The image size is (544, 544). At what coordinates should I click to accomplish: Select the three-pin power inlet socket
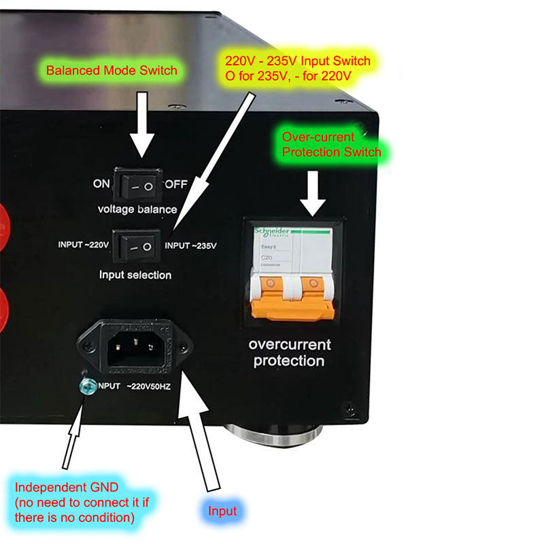136,345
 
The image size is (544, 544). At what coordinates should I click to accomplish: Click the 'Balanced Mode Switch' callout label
112,70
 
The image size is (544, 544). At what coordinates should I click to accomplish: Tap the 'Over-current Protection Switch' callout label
331,144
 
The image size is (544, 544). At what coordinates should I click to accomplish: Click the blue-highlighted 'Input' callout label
223,510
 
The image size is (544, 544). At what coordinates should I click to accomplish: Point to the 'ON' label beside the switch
101,184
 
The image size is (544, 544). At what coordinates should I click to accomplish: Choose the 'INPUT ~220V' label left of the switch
84,245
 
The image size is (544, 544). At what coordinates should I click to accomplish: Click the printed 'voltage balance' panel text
137,209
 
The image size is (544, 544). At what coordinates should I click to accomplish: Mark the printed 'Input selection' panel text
135,275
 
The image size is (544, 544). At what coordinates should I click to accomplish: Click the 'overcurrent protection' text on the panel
289,352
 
